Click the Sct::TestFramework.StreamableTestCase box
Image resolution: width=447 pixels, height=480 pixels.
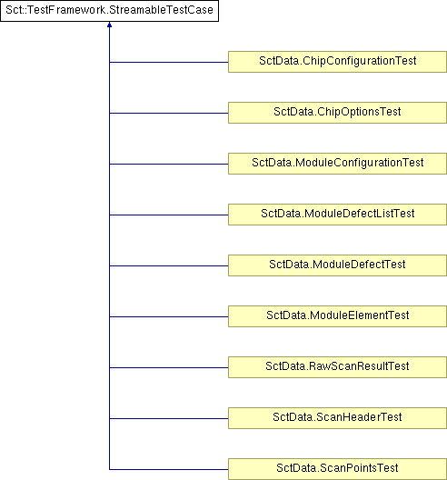[110, 11]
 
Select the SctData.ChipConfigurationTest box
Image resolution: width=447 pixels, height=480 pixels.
[337, 62]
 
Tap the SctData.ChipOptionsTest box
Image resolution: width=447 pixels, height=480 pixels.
[337, 113]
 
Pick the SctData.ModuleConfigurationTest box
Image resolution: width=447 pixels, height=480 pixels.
[337, 164]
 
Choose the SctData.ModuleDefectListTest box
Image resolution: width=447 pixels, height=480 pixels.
[337, 215]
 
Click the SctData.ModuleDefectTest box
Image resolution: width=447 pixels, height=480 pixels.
[337, 265]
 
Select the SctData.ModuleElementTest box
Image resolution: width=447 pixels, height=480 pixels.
[337, 316]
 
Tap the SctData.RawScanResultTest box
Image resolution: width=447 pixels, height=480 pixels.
[337, 367]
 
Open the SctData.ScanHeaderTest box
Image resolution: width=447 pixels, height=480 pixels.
[337, 418]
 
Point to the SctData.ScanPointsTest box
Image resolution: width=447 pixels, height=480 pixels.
[337, 469]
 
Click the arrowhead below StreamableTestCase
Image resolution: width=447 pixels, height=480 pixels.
[110, 25]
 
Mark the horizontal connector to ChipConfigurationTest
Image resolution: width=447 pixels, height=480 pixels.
[169, 62]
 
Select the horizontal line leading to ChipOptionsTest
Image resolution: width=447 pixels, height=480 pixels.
[169, 113]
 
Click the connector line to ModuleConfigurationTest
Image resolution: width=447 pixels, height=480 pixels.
[169, 164]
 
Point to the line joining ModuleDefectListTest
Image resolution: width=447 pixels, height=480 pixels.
[169, 215]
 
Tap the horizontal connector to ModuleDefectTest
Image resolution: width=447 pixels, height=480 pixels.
[169, 265]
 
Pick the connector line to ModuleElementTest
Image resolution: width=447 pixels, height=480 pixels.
[169, 316]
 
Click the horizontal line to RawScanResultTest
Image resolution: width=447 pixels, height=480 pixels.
[169, 367]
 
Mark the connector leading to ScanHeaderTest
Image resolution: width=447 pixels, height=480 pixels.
[169, 418]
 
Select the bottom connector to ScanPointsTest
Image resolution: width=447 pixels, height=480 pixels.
[169, 469]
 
